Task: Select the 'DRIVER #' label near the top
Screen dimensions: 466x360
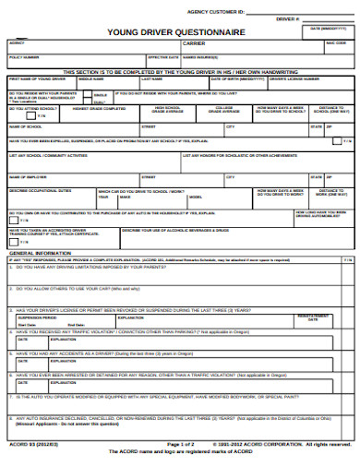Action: (x=288, y=18)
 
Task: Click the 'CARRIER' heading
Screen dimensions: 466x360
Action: (x=194, y=42)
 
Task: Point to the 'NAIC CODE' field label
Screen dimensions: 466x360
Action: (x=336, y=42)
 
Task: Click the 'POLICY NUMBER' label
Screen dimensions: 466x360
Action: (x=25, y=56)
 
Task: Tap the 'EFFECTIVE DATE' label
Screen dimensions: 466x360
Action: (x=162, y=56)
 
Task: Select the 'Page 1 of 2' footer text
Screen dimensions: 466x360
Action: (x=181, y=444)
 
